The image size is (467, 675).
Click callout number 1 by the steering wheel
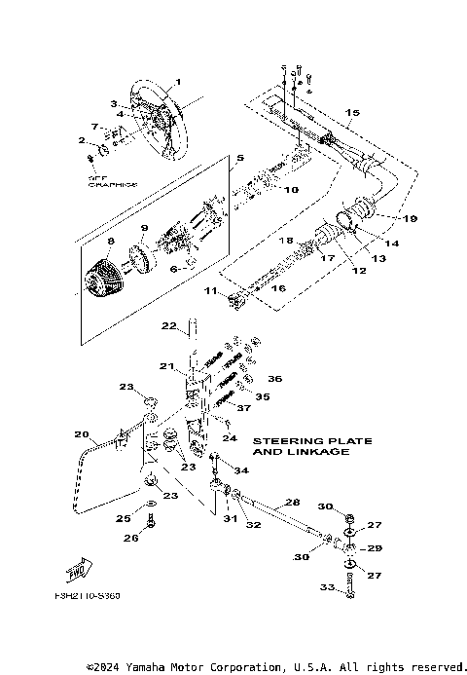click(178, 81)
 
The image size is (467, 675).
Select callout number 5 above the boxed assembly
click(239, 157)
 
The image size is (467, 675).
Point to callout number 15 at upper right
click(353, 114)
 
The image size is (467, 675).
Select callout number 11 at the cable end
click(210, 291)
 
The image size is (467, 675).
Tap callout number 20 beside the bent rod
click(82, 434)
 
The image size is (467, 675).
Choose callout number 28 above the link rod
click(290, 503)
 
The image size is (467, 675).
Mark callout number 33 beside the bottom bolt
click(327, 587)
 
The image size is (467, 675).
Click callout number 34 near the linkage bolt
click(242, 470)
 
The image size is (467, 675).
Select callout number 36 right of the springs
click(274, 379)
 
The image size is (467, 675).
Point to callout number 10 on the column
click(290, 189)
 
